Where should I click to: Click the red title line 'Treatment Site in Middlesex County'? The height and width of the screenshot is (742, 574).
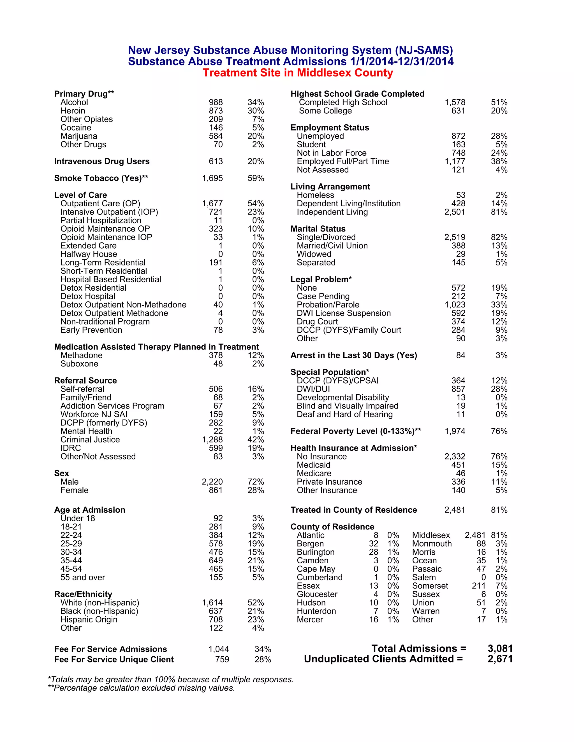click(298, 73)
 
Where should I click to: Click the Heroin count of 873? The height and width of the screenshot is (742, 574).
click(216, 111)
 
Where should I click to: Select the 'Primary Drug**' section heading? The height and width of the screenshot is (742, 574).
click(84, 94)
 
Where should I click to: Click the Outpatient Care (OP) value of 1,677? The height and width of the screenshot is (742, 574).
click(212, 204)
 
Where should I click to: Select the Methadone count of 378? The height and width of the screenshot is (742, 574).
click(216, 355)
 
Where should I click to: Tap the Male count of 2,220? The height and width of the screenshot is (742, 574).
click(212, 482)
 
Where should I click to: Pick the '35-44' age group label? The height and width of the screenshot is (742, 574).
click(71, 560)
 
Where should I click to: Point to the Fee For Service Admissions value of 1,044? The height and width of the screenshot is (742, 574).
click(219, 649)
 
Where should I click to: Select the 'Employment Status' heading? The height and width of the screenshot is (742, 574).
click(330, 127)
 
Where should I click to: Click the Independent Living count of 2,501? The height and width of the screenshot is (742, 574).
click(454, 212)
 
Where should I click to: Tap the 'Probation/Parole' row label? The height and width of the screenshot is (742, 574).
click(328, 305)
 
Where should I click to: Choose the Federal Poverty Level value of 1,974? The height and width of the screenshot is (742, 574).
click(455, 431)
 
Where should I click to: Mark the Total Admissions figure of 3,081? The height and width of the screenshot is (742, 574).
click(500, 648)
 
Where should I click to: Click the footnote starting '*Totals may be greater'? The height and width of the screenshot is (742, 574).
click(170, 680)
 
